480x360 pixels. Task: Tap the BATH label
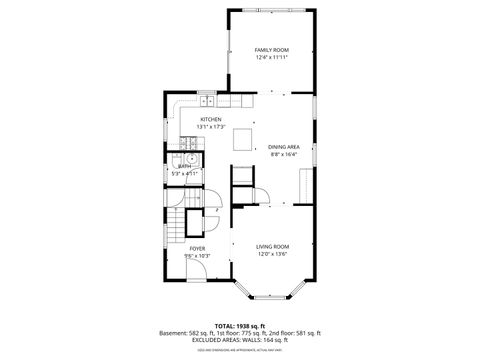184,166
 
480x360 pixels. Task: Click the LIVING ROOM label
272,247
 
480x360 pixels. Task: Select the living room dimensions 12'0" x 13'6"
272,255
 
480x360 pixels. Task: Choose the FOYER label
198,247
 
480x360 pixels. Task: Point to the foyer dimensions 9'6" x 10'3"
198,255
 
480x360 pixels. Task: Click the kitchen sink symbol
207,100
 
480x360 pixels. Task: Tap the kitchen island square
242,141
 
